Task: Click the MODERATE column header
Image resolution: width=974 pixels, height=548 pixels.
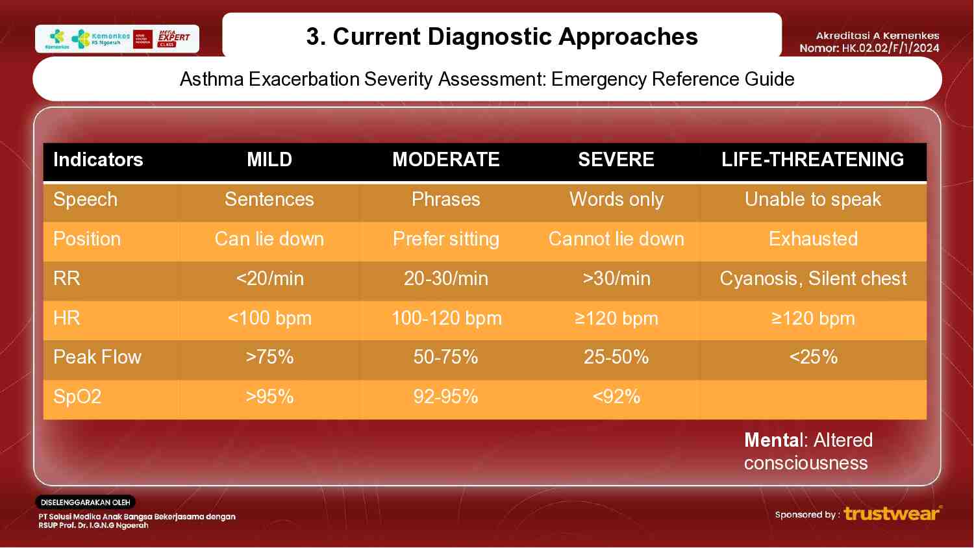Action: (445, 160)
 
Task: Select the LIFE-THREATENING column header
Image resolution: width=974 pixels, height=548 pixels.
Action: (812, 160)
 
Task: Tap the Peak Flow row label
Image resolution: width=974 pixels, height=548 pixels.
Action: (97, 357)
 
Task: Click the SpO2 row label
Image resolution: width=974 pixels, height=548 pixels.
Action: (77, 397)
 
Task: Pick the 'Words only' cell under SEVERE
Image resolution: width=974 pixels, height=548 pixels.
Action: (616, 199)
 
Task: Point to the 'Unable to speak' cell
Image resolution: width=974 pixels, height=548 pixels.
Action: (812, 199)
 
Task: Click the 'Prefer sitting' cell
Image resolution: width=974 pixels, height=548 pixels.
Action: (445, 239)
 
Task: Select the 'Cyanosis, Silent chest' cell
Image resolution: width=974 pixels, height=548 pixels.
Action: (812, 279)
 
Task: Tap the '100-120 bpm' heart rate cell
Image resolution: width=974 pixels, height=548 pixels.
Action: (446, 318)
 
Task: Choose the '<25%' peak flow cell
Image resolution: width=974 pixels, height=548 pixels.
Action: (813, 357)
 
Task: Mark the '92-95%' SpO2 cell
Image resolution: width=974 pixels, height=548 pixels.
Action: (445, 397)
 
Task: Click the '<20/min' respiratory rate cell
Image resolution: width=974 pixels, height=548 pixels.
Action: (269, 279)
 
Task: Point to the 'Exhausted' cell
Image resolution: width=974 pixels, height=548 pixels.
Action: (813, 239)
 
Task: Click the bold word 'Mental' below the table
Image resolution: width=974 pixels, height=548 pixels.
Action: (774, 440)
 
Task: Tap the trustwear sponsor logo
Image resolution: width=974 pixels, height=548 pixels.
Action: (892, 514)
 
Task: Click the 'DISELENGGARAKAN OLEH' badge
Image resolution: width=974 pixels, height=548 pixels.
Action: (85, 503)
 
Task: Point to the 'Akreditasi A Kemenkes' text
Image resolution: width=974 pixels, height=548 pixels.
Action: (877, 36)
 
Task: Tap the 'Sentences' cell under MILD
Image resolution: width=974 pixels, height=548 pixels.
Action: (269, 199)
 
